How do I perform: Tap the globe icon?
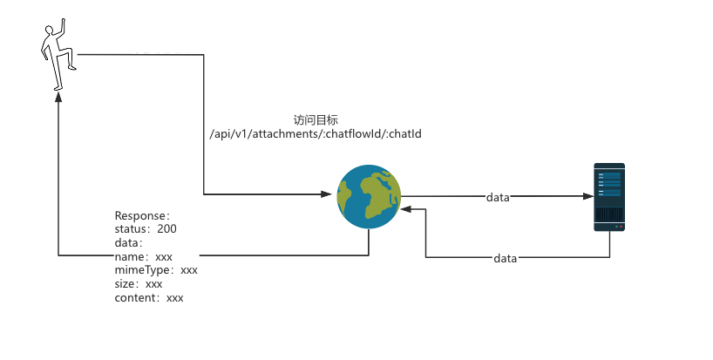[370, 197]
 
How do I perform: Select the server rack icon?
[609, 196]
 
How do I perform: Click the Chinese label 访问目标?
[316, 120]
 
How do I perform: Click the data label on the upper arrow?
[498, 198]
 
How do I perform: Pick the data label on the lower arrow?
[506, 259]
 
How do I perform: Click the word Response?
[140, 215]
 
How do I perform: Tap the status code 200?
[167, 228]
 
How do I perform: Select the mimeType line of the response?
[156, 270]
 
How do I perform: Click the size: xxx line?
[139, 284]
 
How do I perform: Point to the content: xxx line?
[149, 298]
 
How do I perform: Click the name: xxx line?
[144, 257]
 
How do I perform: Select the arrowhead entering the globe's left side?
[331, 194]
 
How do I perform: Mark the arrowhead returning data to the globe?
[406, 210]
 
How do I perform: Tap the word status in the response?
[132, 228]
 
